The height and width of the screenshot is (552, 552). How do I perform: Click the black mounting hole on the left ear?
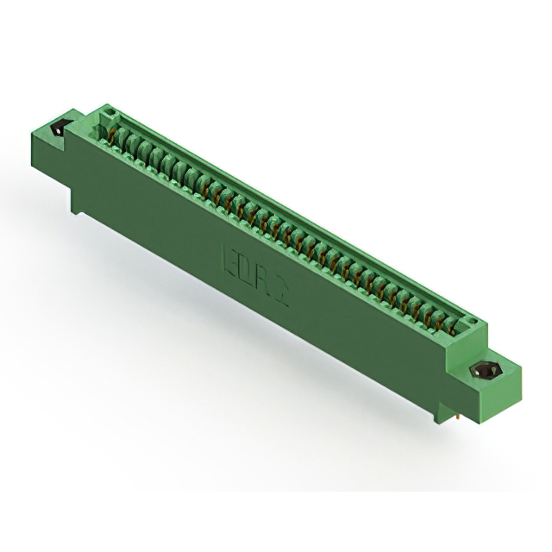pos(60,129)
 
